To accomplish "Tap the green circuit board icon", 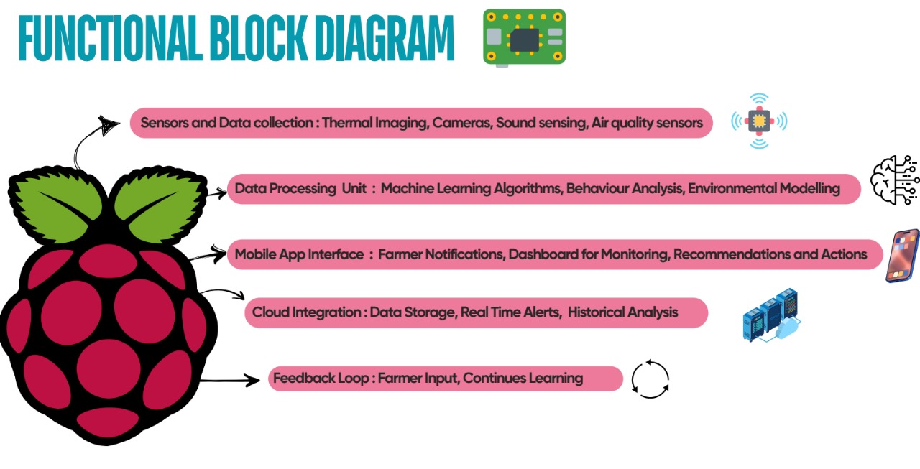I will click(x=524, y=37).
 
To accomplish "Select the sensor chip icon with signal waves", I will click(x=758, y=121).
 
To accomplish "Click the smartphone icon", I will click(x=903, y=256).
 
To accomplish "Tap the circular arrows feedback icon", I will click(x=650, y=379).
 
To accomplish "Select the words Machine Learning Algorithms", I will click(x=471, y=189).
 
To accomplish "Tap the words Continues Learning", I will click(x=523, y=378).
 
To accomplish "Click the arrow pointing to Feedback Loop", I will click(x=230, y=380).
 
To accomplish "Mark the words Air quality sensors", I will click(x=646, y=123).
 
